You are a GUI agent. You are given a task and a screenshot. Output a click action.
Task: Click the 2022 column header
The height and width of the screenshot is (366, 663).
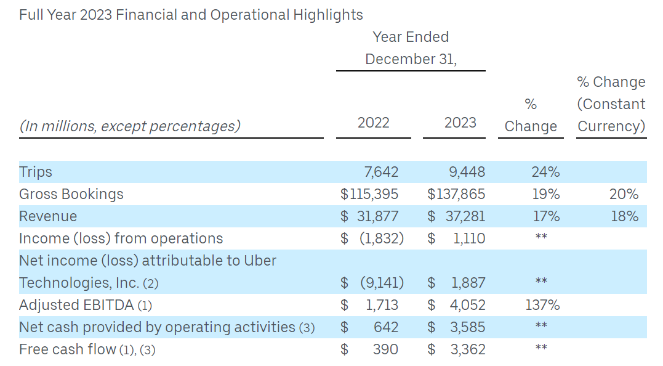click(x=373, y=123)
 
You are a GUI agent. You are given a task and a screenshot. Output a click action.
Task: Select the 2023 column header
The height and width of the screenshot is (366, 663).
click(x=460, y=123)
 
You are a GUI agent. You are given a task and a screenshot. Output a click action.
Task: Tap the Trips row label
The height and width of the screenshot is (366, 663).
click(x=36, y=172)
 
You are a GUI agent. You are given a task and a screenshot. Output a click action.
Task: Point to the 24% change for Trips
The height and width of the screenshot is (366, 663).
click(x=545, y=172)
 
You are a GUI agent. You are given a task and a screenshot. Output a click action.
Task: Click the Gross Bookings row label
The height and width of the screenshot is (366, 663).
click(x=71, y=194)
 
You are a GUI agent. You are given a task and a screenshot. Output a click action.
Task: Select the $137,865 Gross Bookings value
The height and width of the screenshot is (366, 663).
click(x=456, y=194)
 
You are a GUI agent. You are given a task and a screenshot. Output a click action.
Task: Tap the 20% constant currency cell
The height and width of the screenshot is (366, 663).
click(x=624, y=194)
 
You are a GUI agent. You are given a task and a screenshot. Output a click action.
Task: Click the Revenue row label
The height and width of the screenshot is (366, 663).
click(x=48, y=216)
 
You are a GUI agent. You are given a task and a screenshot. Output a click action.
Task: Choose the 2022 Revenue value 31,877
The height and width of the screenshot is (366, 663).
click(x=377, y=216)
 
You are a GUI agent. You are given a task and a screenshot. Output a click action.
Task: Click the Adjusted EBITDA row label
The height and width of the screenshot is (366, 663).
click(x=76, y=305)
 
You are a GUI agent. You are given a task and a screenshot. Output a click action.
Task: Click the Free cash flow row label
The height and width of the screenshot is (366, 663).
click(x=68, y=349)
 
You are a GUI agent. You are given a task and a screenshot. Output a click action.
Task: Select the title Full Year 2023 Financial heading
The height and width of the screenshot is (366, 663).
click(x=191, y=15)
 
